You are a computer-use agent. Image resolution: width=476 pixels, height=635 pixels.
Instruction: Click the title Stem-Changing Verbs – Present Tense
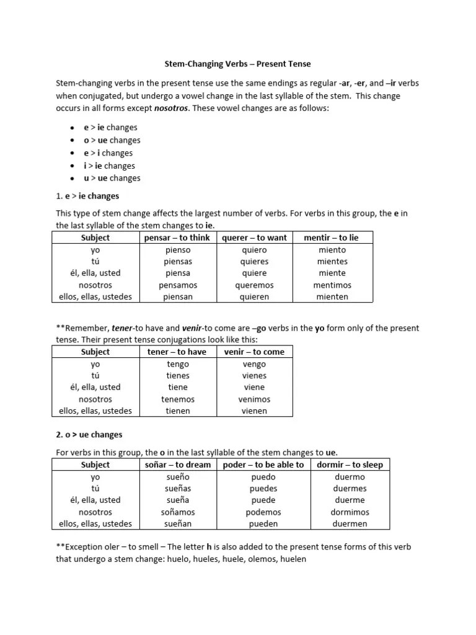tap(238, 64)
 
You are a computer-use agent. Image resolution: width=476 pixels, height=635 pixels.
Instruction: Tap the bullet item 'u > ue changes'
tap(112, 178)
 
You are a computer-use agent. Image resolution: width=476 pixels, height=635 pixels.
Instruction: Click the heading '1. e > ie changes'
tap(87, 196)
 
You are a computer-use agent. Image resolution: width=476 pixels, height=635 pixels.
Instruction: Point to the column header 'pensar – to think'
tap(177, 238)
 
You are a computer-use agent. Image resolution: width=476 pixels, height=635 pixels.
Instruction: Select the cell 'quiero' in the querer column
tap(254, 250)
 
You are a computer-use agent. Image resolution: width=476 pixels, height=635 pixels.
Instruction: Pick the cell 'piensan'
tap(178, 296)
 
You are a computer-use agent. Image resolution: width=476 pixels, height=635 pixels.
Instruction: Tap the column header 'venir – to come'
tap(254, 352)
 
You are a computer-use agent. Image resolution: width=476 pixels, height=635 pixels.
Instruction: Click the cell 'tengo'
tap(178, 364)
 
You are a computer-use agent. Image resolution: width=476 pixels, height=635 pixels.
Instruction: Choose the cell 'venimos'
tap(254, 399)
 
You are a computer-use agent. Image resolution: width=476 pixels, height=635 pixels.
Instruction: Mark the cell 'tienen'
tap(178, 411)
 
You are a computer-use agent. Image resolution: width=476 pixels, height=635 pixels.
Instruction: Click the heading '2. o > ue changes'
tap(89, 435)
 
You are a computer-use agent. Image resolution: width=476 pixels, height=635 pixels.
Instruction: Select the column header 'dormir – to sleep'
tap(350, 464)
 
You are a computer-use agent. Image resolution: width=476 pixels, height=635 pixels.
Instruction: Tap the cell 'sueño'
tap(178, 477)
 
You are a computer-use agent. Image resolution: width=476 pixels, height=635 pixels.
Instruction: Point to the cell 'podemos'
tap(263, 512)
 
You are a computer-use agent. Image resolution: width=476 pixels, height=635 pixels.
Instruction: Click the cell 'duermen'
tap(350, 523)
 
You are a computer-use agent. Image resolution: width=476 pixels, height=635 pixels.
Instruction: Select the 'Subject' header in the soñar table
tap(95, 464)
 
